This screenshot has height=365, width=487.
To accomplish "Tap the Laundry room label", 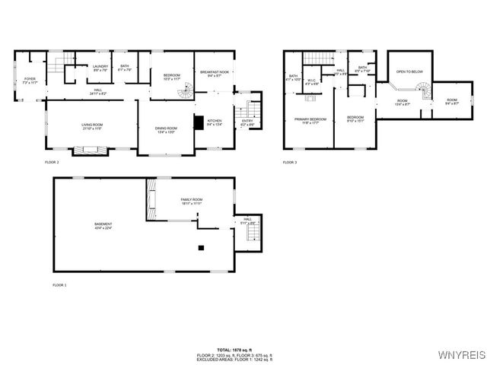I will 100,68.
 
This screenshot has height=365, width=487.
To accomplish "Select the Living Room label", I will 92,127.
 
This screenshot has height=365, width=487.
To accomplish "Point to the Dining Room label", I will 166,129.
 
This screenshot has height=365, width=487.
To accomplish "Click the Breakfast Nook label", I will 210,74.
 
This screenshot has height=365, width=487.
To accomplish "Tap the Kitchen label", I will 215,122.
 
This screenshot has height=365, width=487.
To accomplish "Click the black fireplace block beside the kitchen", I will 199,122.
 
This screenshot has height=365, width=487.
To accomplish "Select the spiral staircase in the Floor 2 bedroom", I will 186,93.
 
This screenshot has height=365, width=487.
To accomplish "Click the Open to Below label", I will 409,72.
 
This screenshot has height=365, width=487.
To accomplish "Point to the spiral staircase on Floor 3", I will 425,91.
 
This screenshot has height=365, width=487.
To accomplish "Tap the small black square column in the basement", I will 201,248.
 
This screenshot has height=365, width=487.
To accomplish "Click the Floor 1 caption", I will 59,284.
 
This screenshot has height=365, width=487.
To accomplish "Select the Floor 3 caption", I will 289,162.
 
